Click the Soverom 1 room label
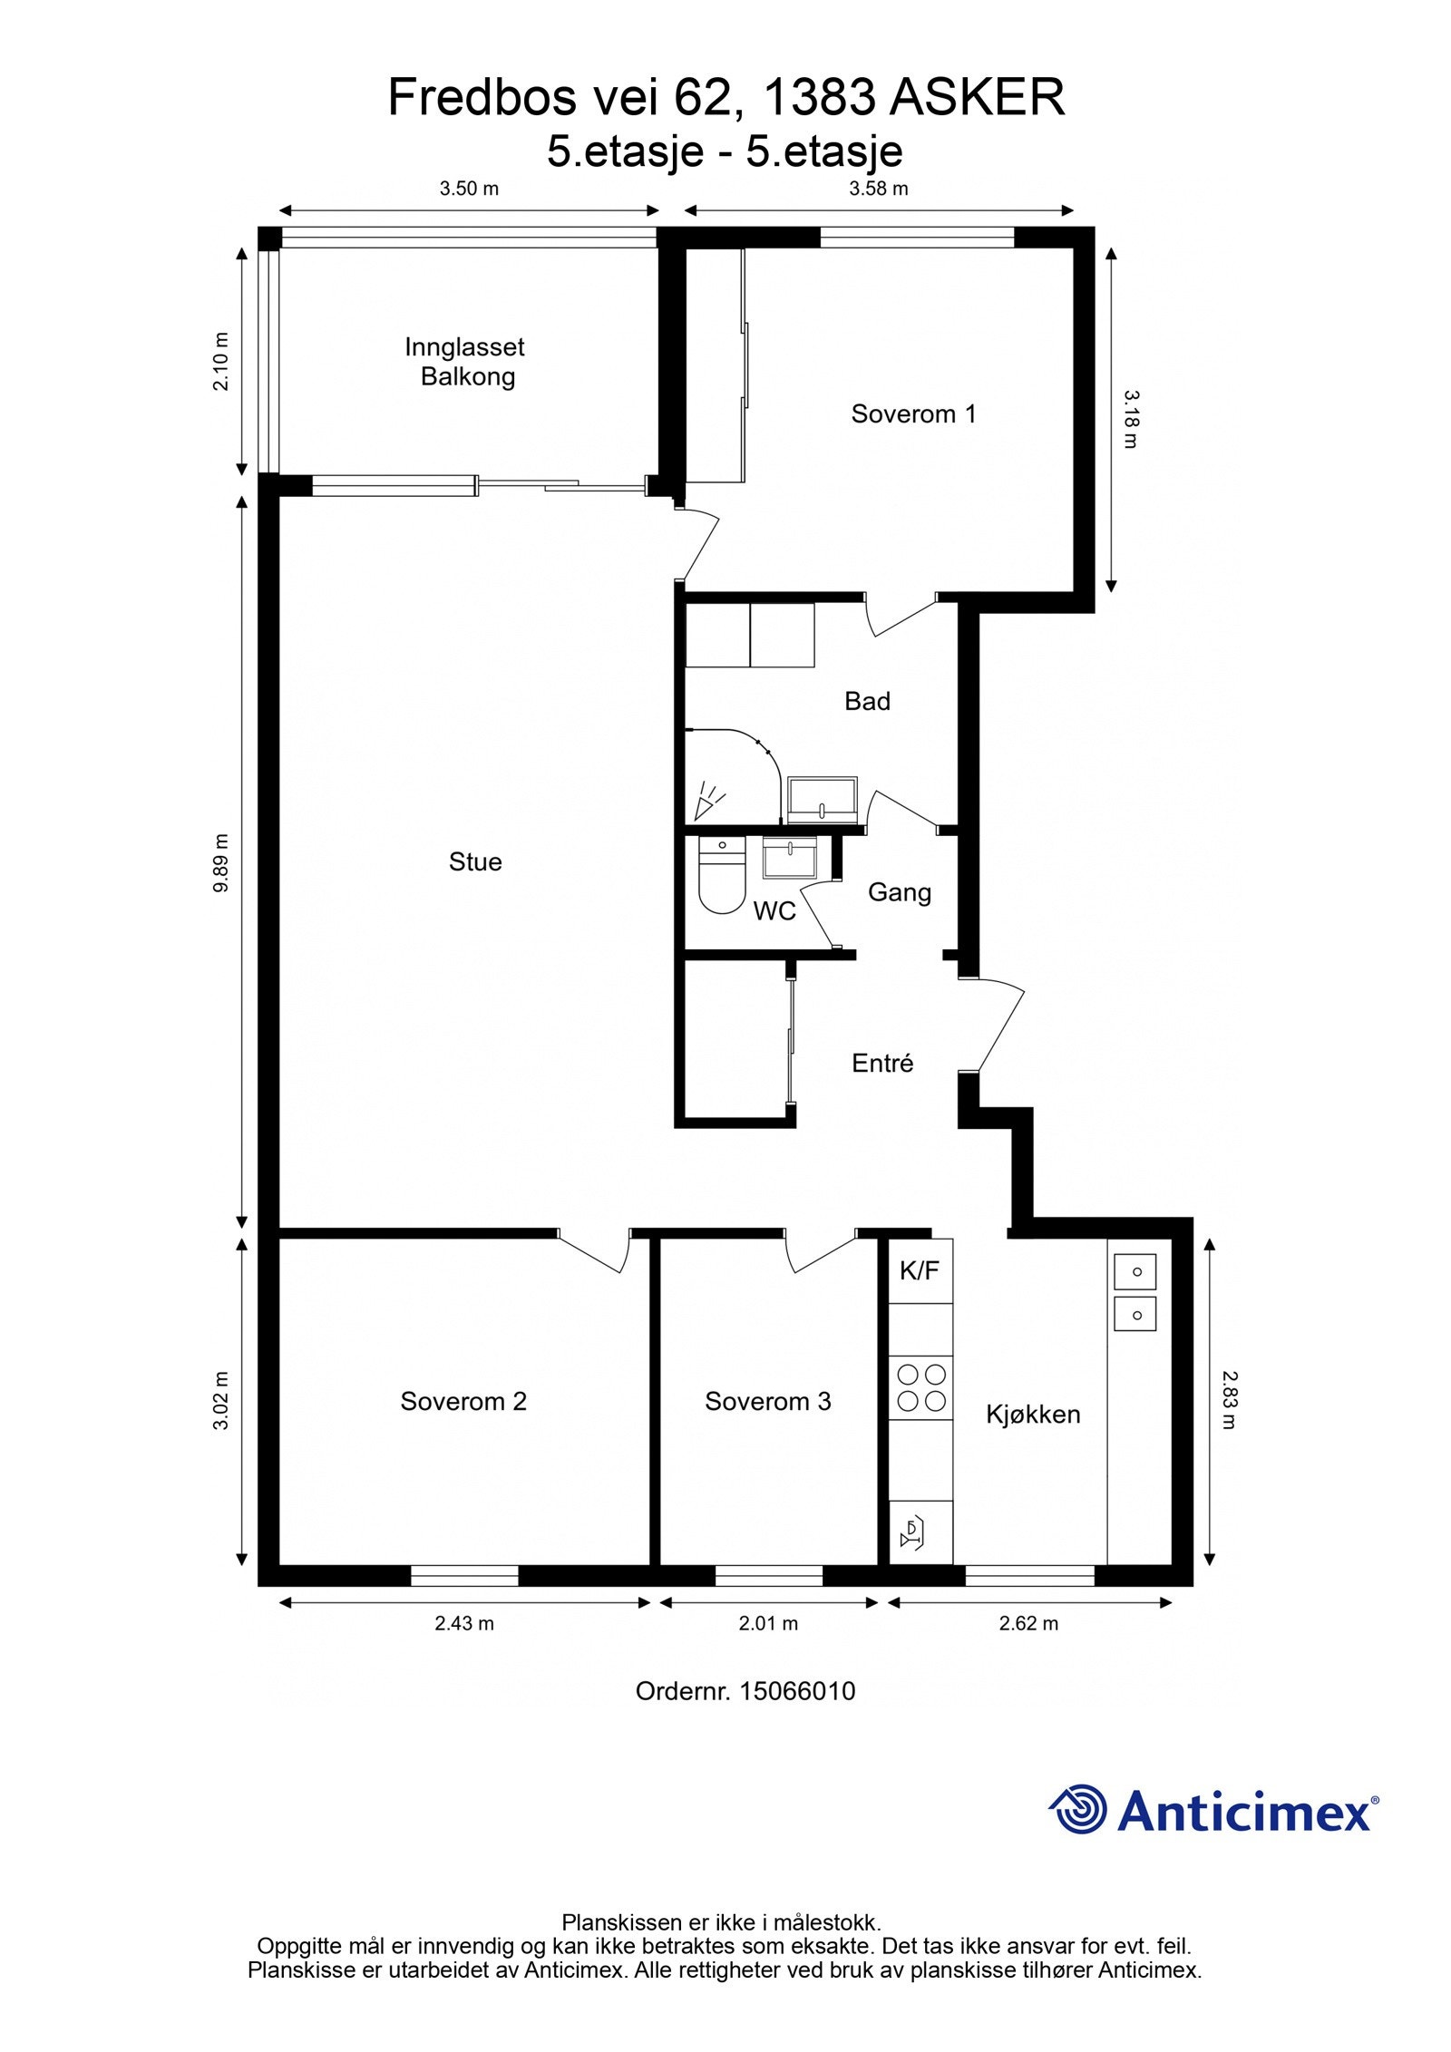coord(913,414)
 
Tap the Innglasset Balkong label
coord(465,362)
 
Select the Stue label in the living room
coord(475,861)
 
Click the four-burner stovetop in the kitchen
coord(920,1387)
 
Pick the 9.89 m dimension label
coord(221,862)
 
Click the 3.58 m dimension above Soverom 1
coord(878,189)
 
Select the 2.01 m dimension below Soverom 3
coord(768,1623)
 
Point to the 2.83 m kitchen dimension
coord(1229,1400)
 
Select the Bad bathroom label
coord(867,701)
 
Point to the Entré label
coord(882,1063)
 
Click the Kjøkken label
coord(1033,1415)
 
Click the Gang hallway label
coord(900,893)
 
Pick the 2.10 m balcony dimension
coord(221,361)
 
